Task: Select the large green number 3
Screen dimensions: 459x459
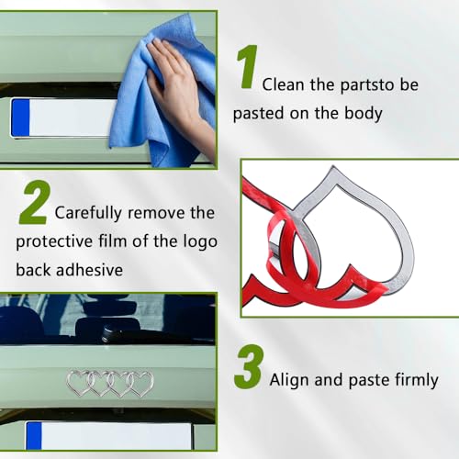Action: click(x=249, y=366)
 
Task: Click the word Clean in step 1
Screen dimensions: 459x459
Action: click(x=283, y=84)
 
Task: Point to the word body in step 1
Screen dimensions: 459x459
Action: click(x=364, y=113)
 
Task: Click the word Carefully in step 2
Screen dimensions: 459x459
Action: click(x=88, y=213)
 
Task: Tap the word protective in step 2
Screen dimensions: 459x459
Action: click(x=54, y=241)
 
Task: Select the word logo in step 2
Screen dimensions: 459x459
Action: click(x=200, y=241)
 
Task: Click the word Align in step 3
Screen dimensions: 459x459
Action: click(x=290, y=380)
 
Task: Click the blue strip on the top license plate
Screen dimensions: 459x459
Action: click(x=20, y=118)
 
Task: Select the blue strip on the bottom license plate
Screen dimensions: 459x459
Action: click(x=34, y=436)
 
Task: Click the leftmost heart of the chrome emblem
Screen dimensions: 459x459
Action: click(x=79, y=383)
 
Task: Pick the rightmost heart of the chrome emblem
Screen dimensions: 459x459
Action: click(x=140, y=384)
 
